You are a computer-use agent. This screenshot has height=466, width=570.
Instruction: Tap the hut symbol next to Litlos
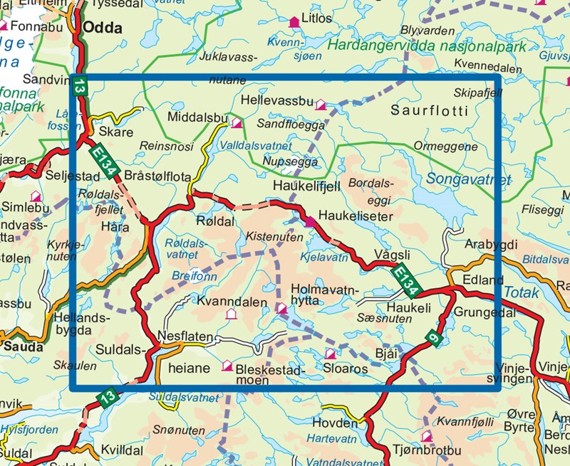tap(293, 23)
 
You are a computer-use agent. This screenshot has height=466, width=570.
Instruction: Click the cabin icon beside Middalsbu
tap(237, 123)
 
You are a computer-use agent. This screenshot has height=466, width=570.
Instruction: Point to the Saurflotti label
tap(430, 111)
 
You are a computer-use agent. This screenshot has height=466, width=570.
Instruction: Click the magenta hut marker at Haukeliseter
tap(309, 222)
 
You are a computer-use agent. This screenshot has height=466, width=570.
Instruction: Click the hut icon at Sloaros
tap(330, 354)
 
